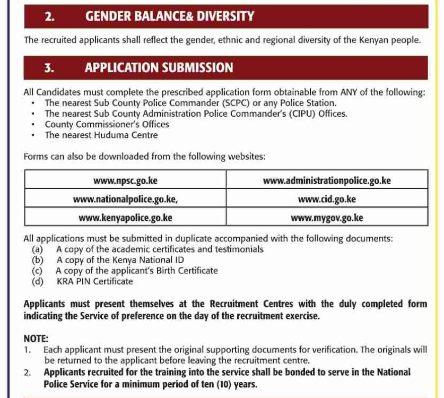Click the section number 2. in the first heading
tap(49, 16)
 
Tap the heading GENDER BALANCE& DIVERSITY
tap(170, 16)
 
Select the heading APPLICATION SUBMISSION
tap(159, 68)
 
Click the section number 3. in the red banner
tap(49, 68)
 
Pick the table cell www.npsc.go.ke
tap(125, 180)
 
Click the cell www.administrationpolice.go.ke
tap(327, 180)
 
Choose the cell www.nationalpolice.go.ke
tap(125, 199)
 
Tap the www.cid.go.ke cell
tap(327, 199)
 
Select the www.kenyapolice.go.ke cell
tap(125, 218)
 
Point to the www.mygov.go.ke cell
tap(327, 218)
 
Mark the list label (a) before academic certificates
tap(37, 249)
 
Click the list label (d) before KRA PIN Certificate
tap(37, 281)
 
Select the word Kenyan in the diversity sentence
tap(372, 40)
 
